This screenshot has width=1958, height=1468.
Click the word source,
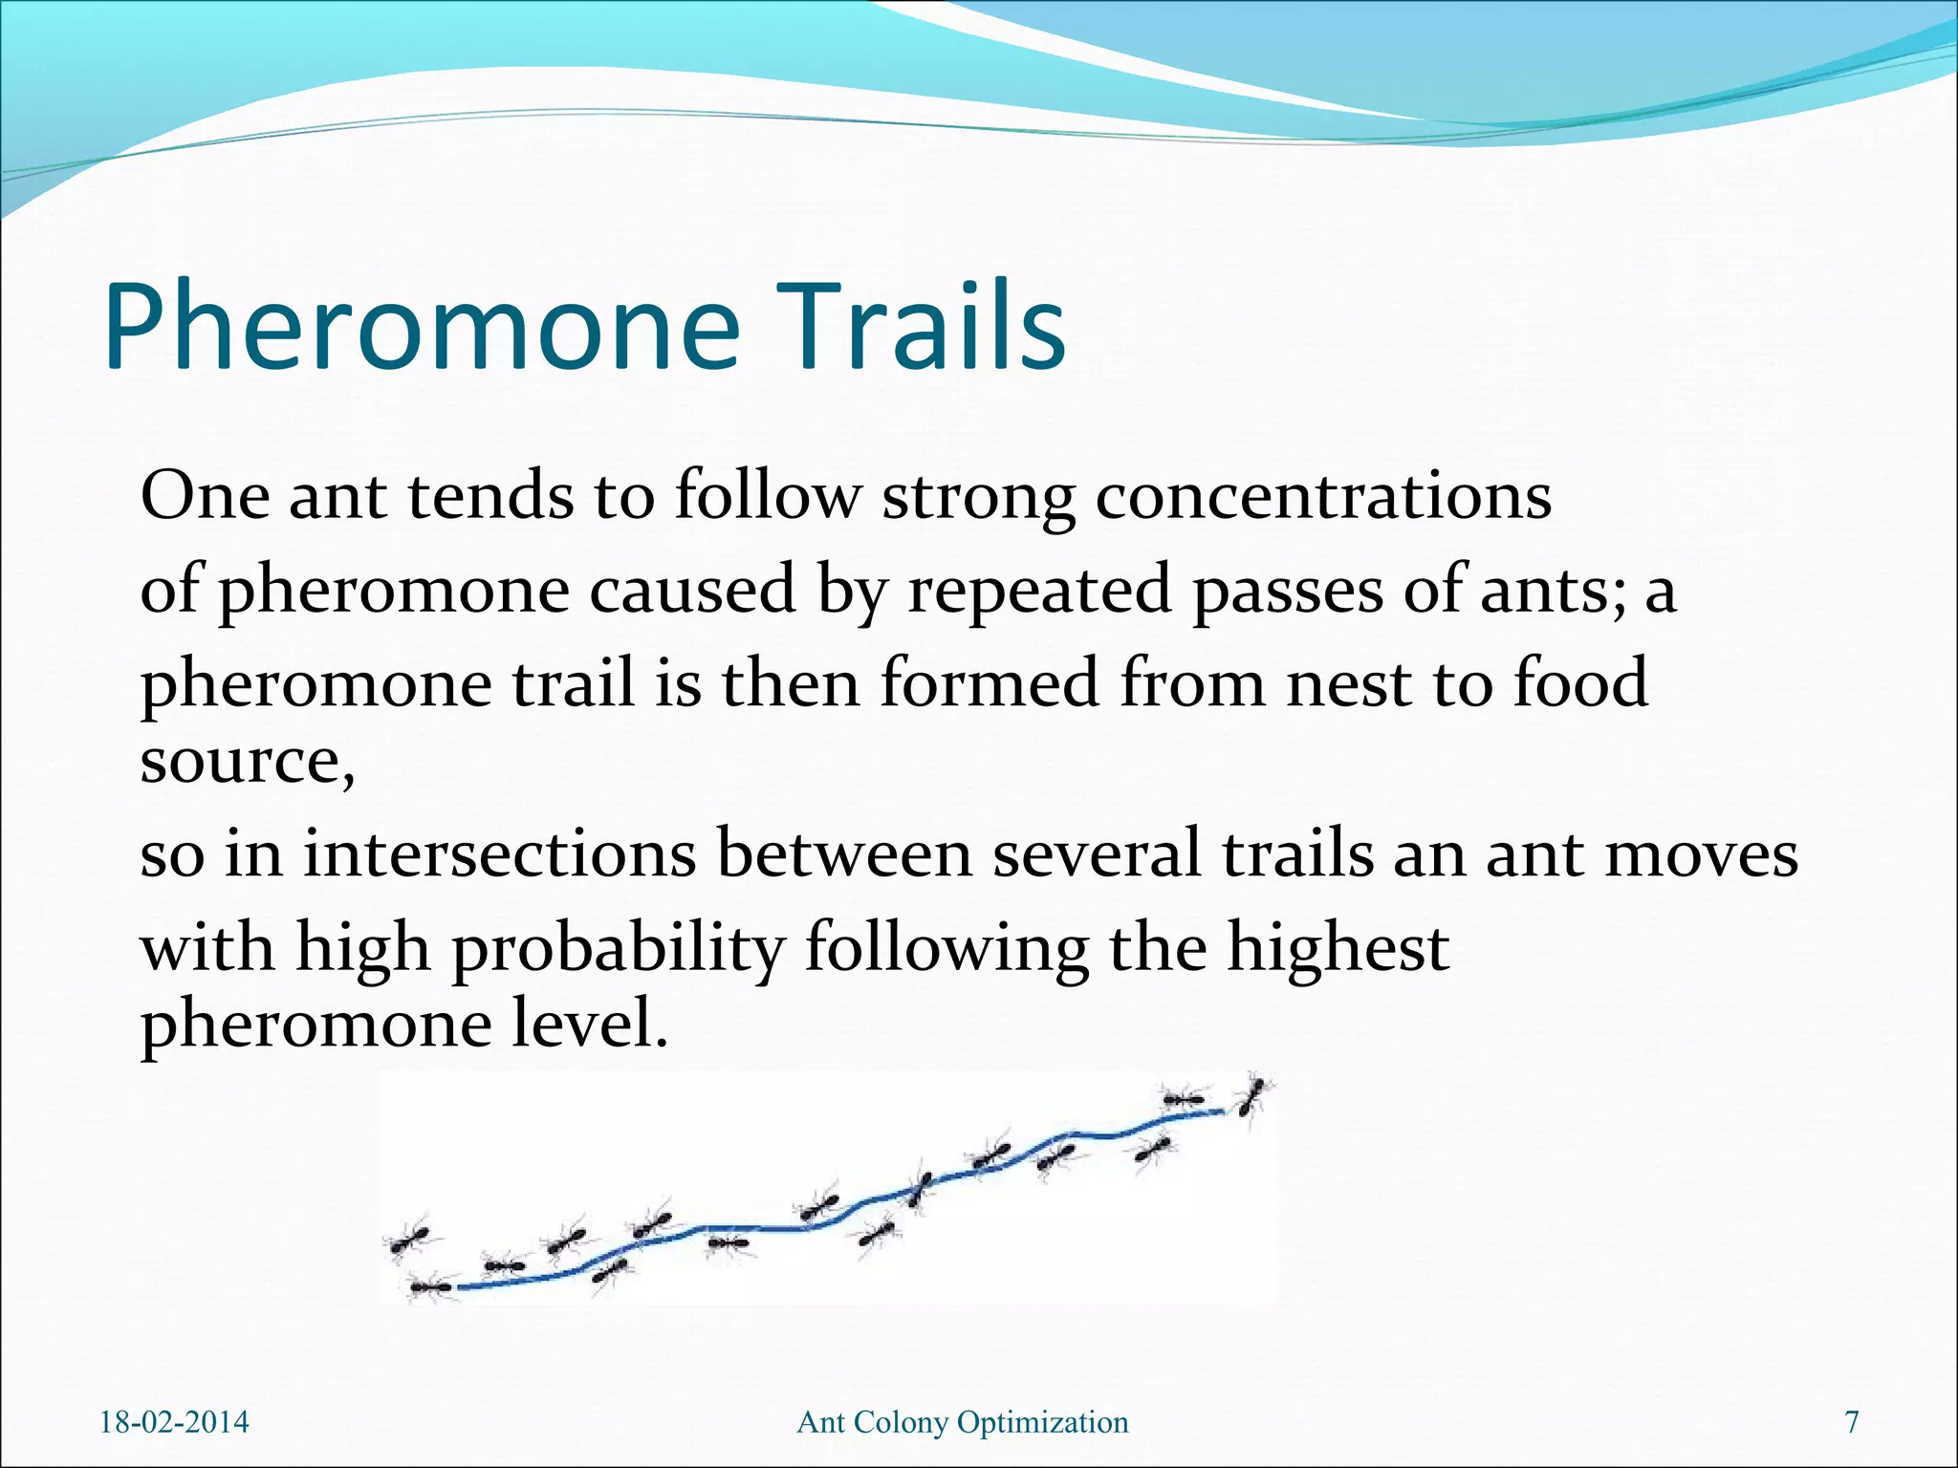[248, 762]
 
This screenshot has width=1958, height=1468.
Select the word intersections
[499, 853]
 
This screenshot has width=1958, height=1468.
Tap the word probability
[618, 948]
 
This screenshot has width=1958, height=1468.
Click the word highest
[1338, 948]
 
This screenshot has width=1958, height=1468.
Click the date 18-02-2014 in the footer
[174, 1422]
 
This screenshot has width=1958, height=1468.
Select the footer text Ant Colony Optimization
[963, 1422]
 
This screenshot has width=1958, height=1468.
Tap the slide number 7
[1852, 1422]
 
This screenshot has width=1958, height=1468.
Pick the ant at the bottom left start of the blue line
[429, 1288]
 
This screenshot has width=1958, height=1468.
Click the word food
[1580, 683]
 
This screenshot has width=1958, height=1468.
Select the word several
[1096, 853]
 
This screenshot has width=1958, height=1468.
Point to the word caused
[692, 590]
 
